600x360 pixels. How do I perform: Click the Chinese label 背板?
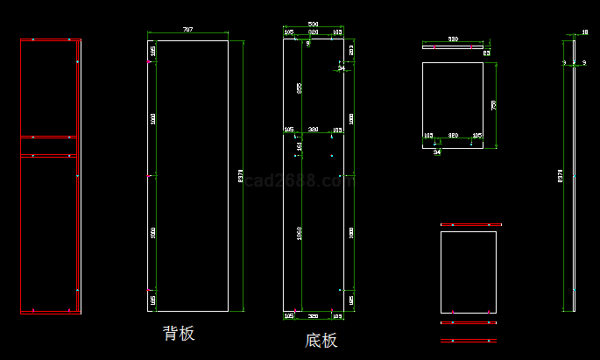coord(179,334)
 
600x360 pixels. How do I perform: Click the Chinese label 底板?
coord(321,341)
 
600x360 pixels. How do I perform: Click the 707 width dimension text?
coord(187,30)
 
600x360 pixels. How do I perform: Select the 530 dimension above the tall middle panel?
coord(313,25)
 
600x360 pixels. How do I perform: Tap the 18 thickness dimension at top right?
coord(584,32)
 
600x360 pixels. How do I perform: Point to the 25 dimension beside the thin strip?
coord(486,53)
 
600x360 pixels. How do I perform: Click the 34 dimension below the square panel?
coord(436,151)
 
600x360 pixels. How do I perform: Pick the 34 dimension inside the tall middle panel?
coord(341,67)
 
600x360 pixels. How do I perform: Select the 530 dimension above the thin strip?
coord(453,39)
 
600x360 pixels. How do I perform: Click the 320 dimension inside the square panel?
coord(453,136)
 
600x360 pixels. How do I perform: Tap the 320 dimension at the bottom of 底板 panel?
coord(313,314)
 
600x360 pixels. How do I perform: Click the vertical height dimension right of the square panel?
coord(493,104)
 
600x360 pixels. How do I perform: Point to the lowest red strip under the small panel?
coord(468,340)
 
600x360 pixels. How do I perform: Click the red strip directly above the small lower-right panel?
coord(468,225)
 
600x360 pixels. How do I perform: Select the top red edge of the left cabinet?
coord(51,39)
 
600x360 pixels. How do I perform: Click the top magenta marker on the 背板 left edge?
coord(150,62)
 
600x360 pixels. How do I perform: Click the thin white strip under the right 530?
coord(453,46)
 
